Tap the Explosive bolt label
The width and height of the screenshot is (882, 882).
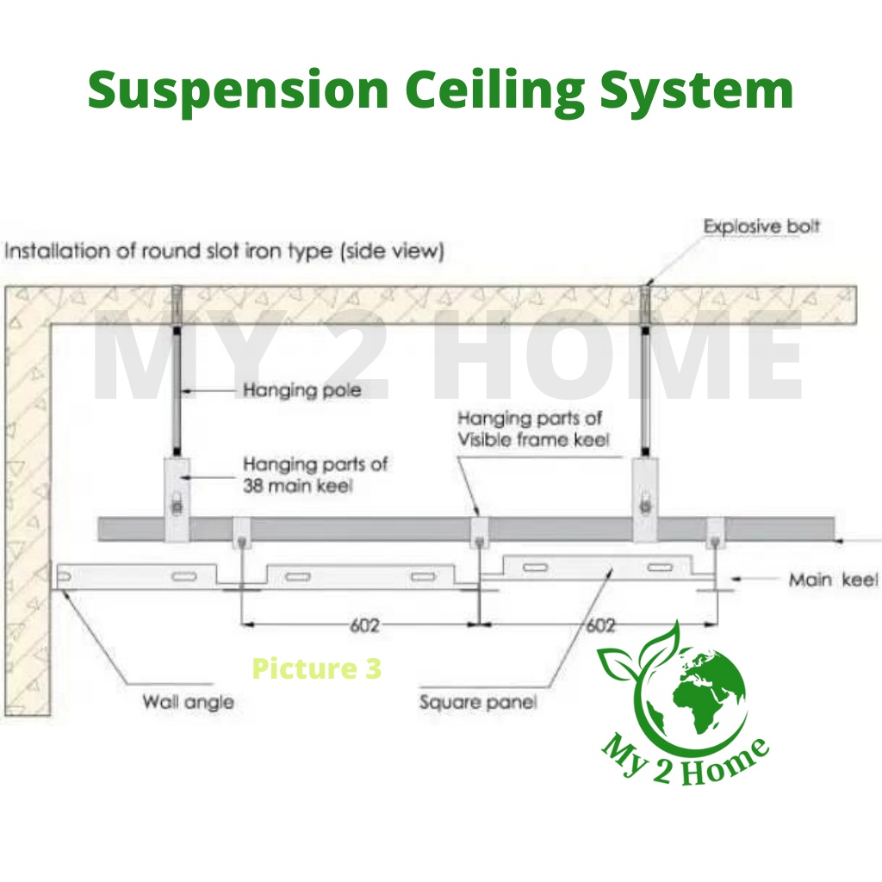(x=761, y=227)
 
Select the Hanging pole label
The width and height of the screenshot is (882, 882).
(x=301, y=390)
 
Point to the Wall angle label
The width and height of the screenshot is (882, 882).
(x=188, y=702)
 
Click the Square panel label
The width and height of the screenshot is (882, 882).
(x=478, y=702)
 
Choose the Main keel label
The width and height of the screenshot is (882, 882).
(x=832, y=580)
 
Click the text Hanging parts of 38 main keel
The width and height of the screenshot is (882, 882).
(x=314, y=474)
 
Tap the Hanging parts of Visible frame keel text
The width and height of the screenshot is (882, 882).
(x=533, y=429)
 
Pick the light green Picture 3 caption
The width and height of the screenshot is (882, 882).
(x=316, y=668)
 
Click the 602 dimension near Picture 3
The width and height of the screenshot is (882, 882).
(x=364, y=625)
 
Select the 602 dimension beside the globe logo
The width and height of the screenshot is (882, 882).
(x=600, y=625)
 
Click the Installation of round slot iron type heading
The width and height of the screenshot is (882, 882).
(x=224, y=252)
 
